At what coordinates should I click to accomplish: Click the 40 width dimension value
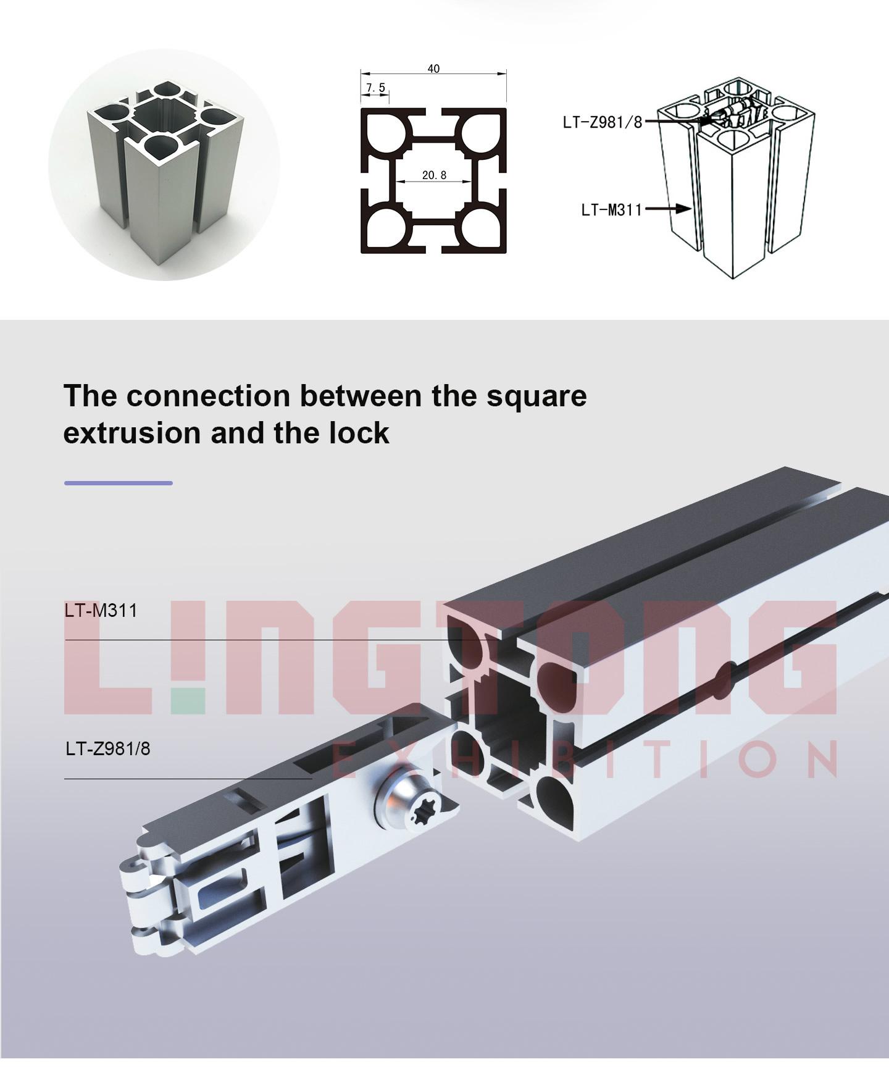point(433,69)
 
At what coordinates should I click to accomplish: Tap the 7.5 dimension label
point(375,88)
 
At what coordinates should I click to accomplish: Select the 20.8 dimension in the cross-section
point(434,175)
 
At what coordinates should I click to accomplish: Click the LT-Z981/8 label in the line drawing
point(602,122)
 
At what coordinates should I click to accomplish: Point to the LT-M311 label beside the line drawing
point(611,210)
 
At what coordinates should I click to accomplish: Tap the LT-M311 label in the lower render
point(101,611)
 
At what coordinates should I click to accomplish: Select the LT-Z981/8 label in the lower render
point(108,749)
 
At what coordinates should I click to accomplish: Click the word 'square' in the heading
point(536,396)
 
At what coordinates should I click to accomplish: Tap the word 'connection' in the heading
point(208,396)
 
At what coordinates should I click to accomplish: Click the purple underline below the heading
point(119,483)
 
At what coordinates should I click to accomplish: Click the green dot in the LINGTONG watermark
point(188,701)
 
